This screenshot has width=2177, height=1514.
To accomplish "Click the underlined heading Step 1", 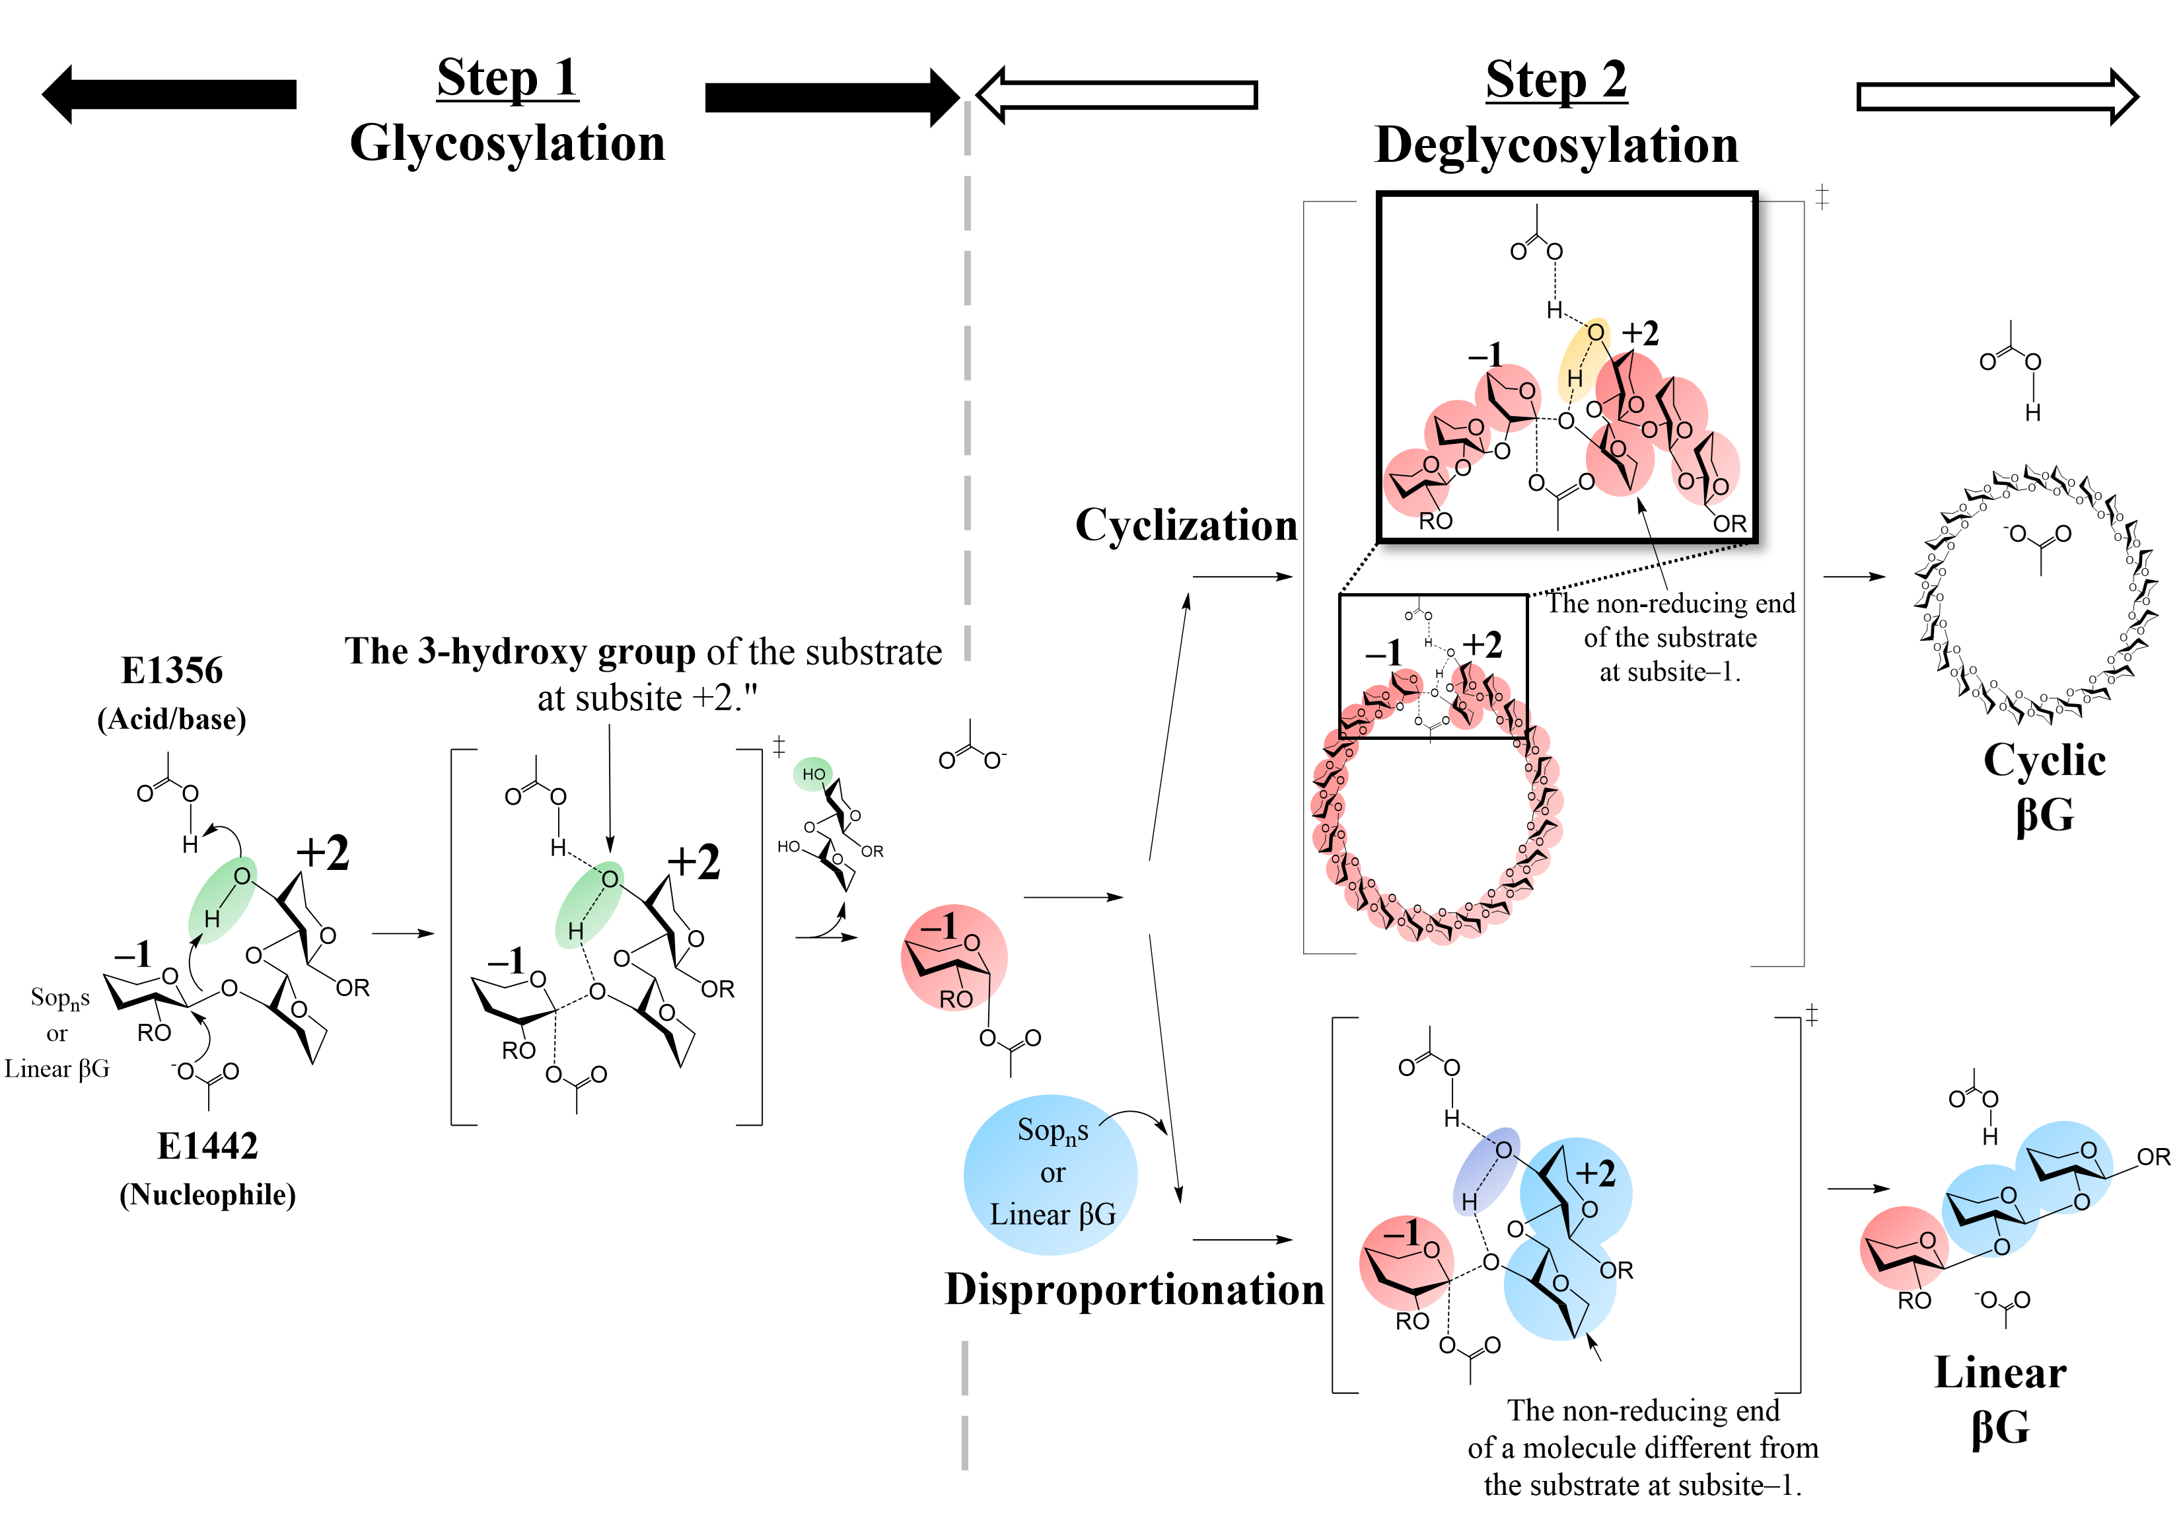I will (x=507, y=78).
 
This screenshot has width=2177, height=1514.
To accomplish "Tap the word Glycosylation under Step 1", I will (x=507, y=143).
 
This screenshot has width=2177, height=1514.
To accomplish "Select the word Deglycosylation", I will (x=1556, y=145).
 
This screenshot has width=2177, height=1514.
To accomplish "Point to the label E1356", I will (x=172, y=670).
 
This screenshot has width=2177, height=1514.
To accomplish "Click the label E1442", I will (x=207, y=1145).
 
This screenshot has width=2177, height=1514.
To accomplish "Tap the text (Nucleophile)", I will (x=207, y=1194).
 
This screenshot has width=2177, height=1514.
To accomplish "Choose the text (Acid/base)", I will (x=172, y=719).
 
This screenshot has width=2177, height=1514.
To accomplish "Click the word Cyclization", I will (x=1185, y=525).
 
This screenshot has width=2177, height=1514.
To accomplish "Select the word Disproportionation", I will (x=1134, y=1289).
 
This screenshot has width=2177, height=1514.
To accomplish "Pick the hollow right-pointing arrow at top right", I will (x=1997, y=96).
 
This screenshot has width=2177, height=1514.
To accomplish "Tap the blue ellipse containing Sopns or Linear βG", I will (x=1051, y=1174).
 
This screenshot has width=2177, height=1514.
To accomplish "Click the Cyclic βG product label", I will (x=2044, y=787).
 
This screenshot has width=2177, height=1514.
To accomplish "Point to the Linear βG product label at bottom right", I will (x=2000, y=1399).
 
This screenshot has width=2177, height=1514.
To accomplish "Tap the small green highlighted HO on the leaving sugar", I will (x=812, y=774).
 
